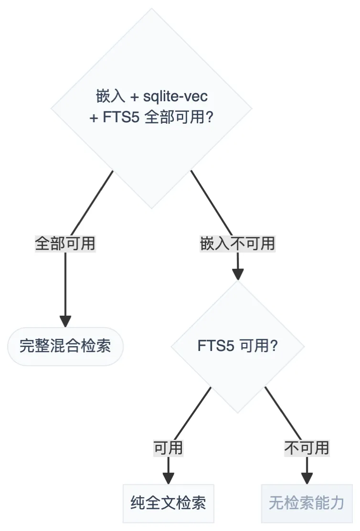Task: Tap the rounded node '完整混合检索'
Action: point(65,346)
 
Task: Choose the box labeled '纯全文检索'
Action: point(168,503)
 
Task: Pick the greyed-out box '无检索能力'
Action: point(307,503)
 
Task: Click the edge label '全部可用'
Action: point(65,244)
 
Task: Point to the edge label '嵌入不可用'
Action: point(237,244)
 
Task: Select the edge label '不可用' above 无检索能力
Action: point(307,448)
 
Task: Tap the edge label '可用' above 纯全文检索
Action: point(168,448)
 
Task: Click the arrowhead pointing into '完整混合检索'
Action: point(65,321)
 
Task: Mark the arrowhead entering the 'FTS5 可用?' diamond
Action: point(237,274)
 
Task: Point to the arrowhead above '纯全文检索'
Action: point(168,478)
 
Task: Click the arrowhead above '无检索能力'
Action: point(307,478)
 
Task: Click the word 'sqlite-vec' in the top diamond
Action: point(176,96)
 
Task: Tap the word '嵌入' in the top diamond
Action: point(110,96)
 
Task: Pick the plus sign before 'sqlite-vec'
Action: point(135,97)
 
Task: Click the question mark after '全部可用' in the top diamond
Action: point(209,117)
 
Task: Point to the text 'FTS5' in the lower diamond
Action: point(216,346)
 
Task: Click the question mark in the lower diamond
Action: point(274,346)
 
